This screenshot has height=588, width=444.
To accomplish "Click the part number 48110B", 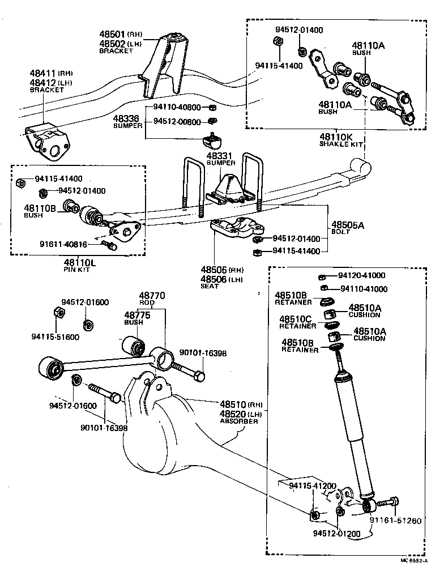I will [x=39, y=209].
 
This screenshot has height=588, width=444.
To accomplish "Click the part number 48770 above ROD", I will [x=152, y=296].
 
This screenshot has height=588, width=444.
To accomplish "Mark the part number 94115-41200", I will [x=313, y=486].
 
